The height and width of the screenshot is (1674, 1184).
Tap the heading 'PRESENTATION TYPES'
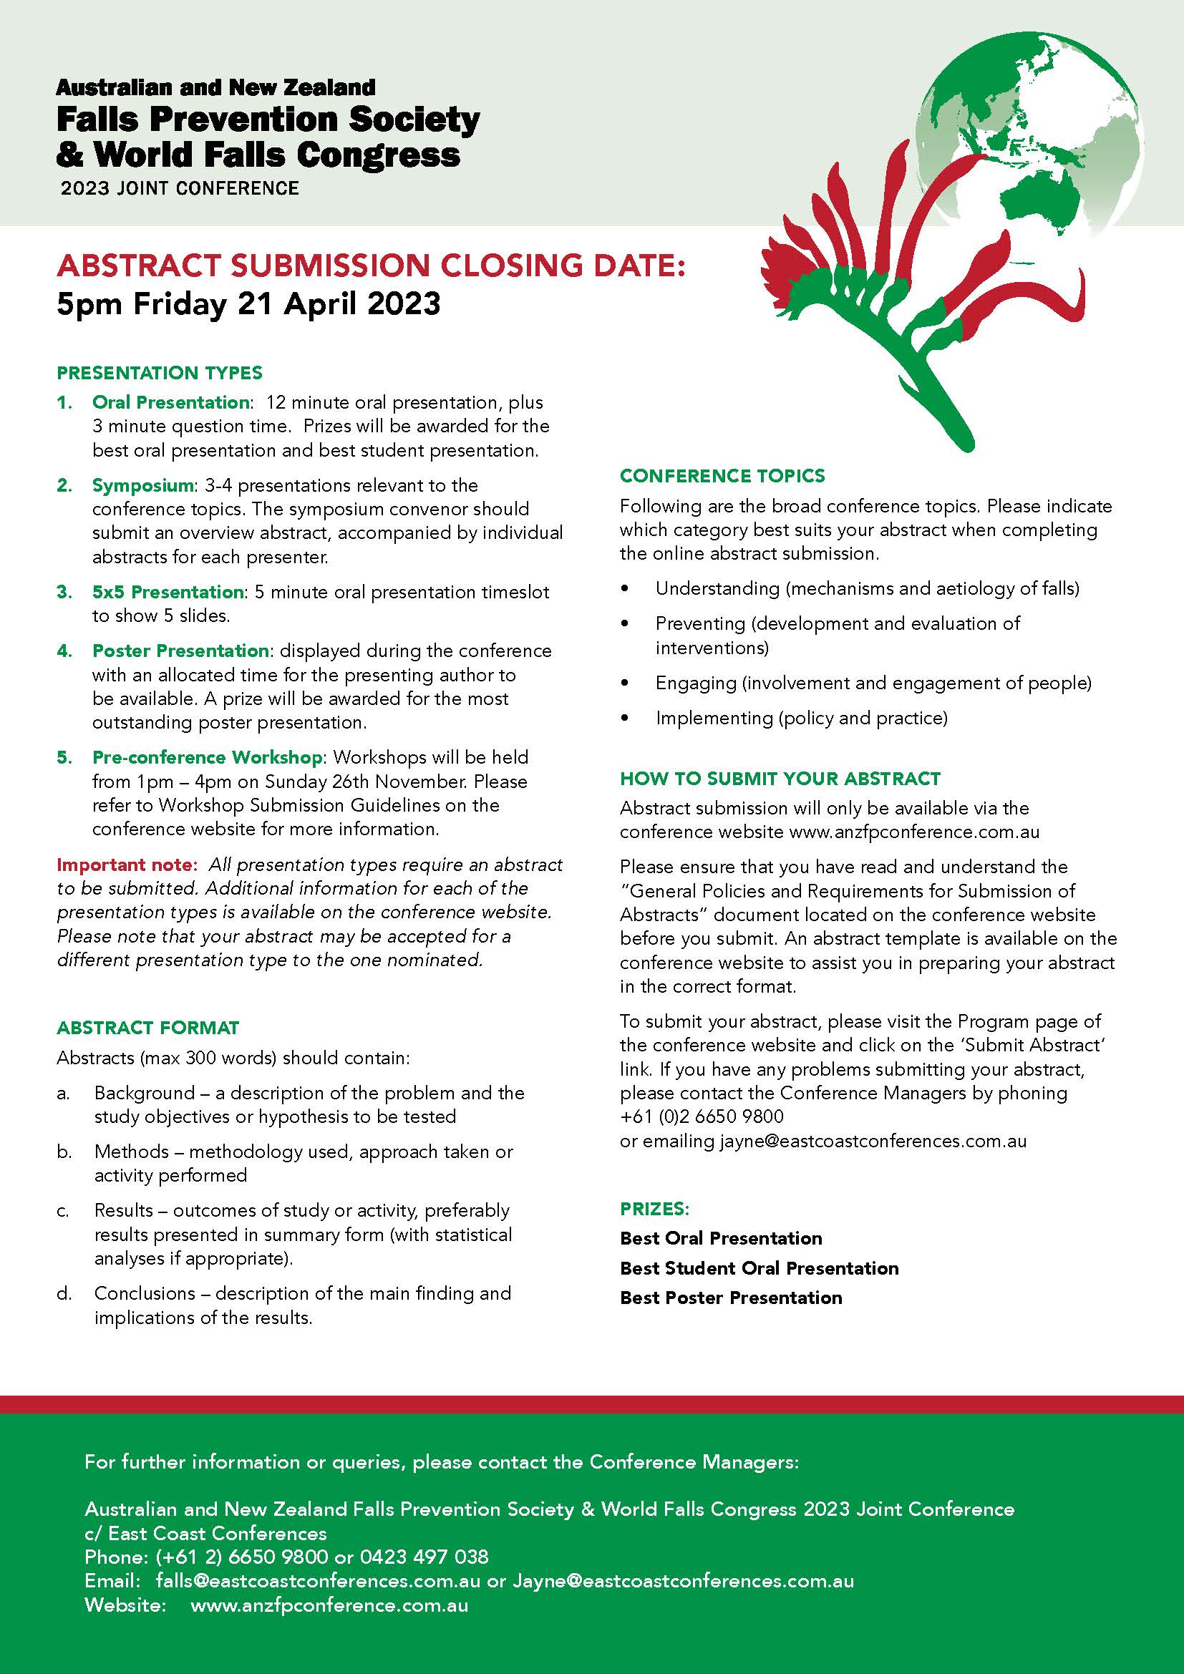click(x=159, y=374)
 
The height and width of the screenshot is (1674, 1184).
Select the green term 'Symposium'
click(x=143, y=485)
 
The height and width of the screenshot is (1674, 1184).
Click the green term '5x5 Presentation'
click(x=168, y=592)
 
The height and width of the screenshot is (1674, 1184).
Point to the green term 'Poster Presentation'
click(x=180, y=651)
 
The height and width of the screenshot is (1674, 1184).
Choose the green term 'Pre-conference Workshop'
click(x=207, y=757)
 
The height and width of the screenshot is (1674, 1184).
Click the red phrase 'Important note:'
click(x=127, y=865)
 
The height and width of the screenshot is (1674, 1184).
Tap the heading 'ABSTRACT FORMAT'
click(x=148, y=1028)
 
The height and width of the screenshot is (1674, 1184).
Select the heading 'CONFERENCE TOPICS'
click(x=722, y=476)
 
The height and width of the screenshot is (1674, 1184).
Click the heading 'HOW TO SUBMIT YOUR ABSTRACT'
click(x=780, y=779)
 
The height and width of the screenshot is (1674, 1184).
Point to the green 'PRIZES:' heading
click(x=654, y=1209)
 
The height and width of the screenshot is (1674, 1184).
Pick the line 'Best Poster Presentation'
click(x=731, y=1298)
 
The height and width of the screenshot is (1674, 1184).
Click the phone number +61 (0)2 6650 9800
click(x=702, y=1117)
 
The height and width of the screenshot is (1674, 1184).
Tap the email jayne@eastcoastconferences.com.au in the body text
click(x=873, y=1141)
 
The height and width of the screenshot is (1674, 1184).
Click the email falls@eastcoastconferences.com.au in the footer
click(x=318, y=1582)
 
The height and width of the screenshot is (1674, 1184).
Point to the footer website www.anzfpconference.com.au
click(x=329, y=1605)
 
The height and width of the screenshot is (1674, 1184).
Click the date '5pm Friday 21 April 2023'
click(x=248, y=303)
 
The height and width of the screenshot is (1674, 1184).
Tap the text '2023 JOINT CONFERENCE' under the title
click(x=180, y=188)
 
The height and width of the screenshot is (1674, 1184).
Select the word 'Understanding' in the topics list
click(x=717, y=588)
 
